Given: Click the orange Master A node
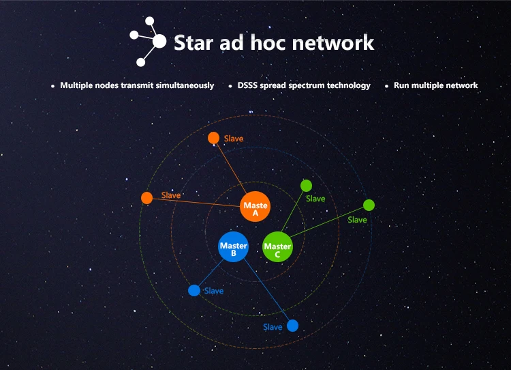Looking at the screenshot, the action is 255,206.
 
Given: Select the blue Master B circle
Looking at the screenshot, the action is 233,247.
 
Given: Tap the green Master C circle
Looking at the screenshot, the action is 277,247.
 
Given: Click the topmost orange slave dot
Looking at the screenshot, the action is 213,138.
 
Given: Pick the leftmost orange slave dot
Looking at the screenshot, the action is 146,198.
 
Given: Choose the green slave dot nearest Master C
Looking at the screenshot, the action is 306,185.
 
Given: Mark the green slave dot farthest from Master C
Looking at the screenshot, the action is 369,205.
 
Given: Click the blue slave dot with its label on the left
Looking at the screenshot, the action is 292,325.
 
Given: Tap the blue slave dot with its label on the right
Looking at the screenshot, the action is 194,290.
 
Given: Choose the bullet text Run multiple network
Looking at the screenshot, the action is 435,85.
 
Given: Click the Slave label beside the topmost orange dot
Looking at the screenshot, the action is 234,139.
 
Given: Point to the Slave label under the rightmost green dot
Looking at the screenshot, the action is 357,220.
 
